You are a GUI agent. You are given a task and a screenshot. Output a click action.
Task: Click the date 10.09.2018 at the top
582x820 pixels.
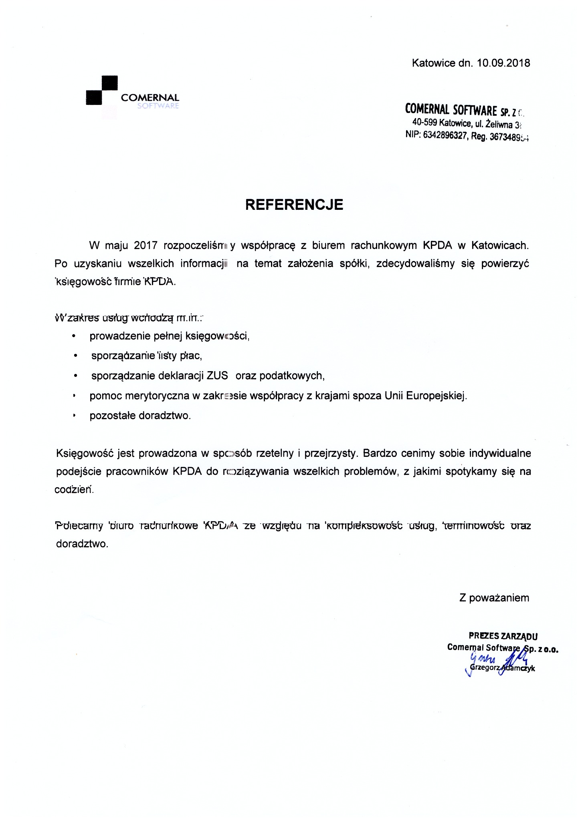503,63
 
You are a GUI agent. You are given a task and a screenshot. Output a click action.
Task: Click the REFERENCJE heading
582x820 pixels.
294,205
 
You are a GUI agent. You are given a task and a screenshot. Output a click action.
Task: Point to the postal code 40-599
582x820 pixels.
424,123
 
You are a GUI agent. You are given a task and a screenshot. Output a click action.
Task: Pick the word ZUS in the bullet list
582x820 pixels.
217,376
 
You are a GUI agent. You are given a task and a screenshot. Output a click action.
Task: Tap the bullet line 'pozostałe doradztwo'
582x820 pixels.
140,416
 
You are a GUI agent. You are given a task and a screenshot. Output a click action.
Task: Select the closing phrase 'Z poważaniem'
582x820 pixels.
494,598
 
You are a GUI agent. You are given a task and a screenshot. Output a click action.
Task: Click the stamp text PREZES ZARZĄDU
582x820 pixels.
503,636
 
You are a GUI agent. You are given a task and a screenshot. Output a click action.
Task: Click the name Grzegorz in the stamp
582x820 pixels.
484,668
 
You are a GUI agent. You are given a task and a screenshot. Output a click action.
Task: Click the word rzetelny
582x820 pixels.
273,454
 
